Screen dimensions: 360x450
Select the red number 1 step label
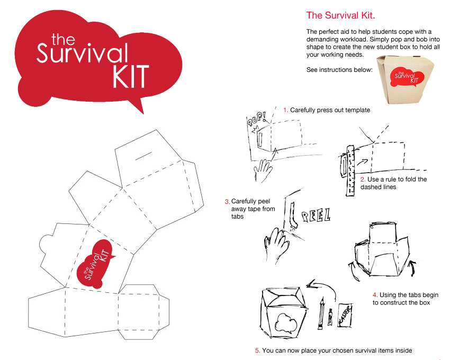pos(285,110)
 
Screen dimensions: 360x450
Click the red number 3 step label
pos(227,202)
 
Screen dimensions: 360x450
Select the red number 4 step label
pos(375,294)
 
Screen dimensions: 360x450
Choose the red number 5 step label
pos(257,350)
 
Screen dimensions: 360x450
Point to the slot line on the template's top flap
pos(143,157)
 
